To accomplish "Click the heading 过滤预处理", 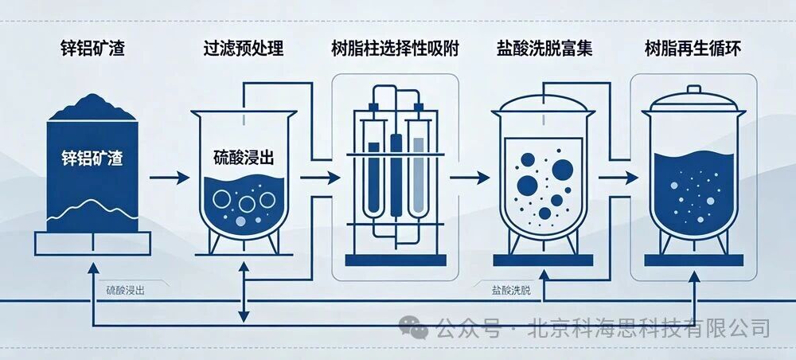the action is coord(243,49).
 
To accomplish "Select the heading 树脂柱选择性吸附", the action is coord(395,49).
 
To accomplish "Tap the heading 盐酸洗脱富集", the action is coord(544,49).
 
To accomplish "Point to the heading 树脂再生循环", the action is coord(693,49).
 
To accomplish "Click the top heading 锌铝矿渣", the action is coord(92,49).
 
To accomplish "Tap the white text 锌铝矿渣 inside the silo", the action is coord(92,158).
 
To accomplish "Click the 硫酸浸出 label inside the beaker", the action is coord(244,158).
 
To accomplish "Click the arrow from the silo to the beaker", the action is coord(170,178).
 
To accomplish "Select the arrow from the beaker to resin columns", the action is coord(320,178).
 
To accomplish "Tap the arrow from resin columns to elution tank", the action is coord(470,178).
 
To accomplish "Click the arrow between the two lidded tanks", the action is coord(618,178).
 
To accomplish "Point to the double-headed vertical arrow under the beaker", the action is coord(244,292).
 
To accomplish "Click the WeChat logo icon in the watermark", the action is coord(413,327).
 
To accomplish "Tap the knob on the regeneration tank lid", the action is coord(693,90).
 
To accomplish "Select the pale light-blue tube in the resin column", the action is coord(418,175).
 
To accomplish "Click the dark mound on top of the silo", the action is coord(92,108).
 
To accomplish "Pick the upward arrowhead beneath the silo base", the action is coord(93,268).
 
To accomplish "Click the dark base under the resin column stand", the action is coord(396,260).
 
